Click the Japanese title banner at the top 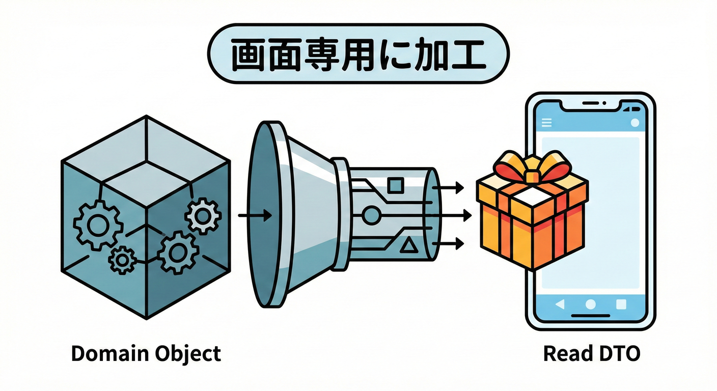pyautogui.click(x=358, y=53)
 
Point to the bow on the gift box pyautogui.click(x=532, y=171)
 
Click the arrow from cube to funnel pyautogui.click(x=254, y=216)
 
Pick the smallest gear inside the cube pyautogui.click(x=122, y=260)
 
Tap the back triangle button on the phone pyautogui.click(x=560, y=304)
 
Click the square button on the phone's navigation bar pyautogui.click(x=621, y=304)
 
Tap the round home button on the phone pyautogui.click(x=591, y=304)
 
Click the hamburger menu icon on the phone pyautogui.click(x=547, y=122)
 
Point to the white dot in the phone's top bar pyautogui.click(x=635, y=122)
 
